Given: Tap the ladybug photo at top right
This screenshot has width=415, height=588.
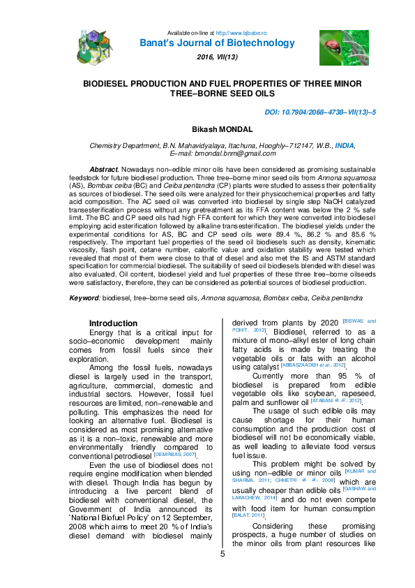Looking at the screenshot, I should [x=334, y=48].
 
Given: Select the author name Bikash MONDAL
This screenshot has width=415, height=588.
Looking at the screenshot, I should [x=208, y=130].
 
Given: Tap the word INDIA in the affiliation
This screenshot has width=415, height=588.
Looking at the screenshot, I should [x=345, y=145].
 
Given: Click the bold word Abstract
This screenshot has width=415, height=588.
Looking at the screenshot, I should [x=103, y=170].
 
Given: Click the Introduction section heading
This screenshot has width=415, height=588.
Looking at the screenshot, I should [x=113, y=323].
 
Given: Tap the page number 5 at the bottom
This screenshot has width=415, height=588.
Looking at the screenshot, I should [x=223, y=574].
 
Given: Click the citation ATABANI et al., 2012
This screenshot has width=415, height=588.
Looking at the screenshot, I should [x=336, y=400].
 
